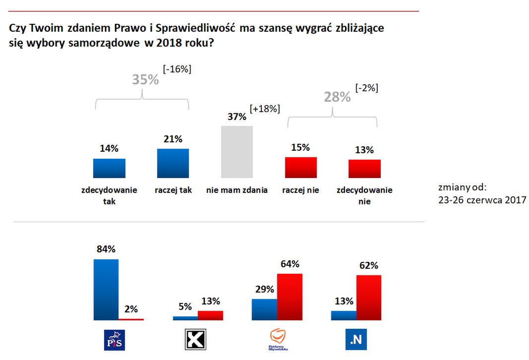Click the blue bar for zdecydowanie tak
(109, 168)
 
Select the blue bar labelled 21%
(173, 163)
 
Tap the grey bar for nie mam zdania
(236, 152)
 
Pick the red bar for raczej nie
(300, 168)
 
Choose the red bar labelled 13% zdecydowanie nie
(364, 169)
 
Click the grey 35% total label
(145, 79)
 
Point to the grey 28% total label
(337, 97)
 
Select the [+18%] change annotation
(265, 109)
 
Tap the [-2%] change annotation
(367, 88)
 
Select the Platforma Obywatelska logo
(278, 340)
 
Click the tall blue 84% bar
(106, 290)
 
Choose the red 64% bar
(290, 297)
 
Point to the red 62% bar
(369, 298)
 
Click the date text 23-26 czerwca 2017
(482, 199)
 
